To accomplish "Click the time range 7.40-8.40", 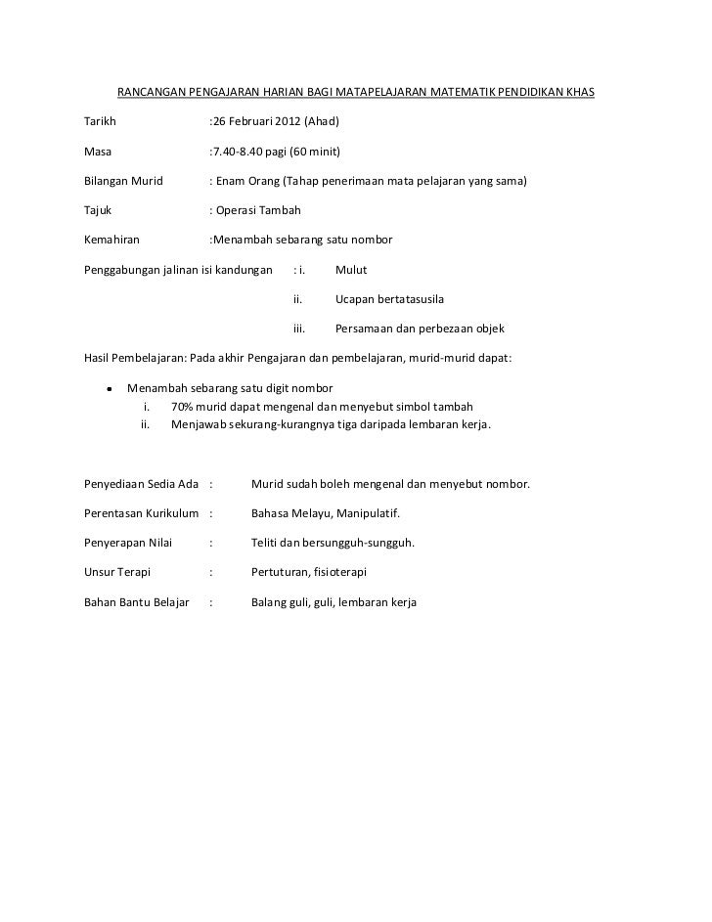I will pyautogui.click(x=241, y=153).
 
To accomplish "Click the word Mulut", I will pyautogui.click(x=351, y=270).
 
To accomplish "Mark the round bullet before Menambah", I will pyautogui.click(x=110, y=387).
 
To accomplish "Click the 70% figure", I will pyautogui.click(x=182, y=406).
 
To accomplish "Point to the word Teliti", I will pyautogui.click(x=267, y=543).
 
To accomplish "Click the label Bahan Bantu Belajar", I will pyautogui.click(x=137, y=602).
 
